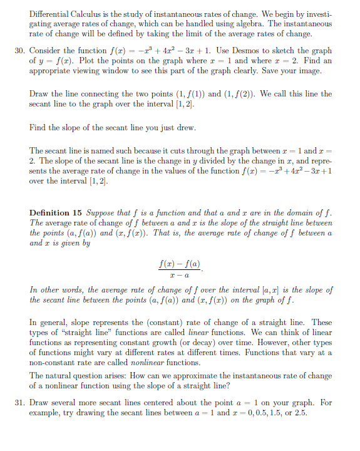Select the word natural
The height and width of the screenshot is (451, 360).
(59, 375)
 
